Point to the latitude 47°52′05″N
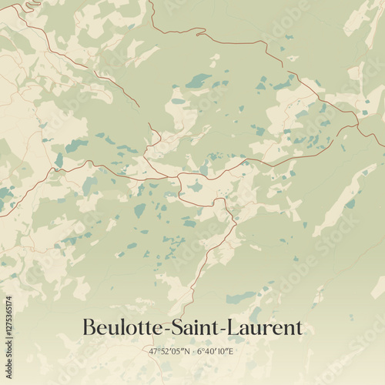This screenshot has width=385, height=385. pyautogui.click(x=169, y=352)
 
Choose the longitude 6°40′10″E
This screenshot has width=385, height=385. pyautogui.click(x=216, y=352)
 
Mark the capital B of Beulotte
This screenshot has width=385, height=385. pyautogui.click(x=88, y=328)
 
